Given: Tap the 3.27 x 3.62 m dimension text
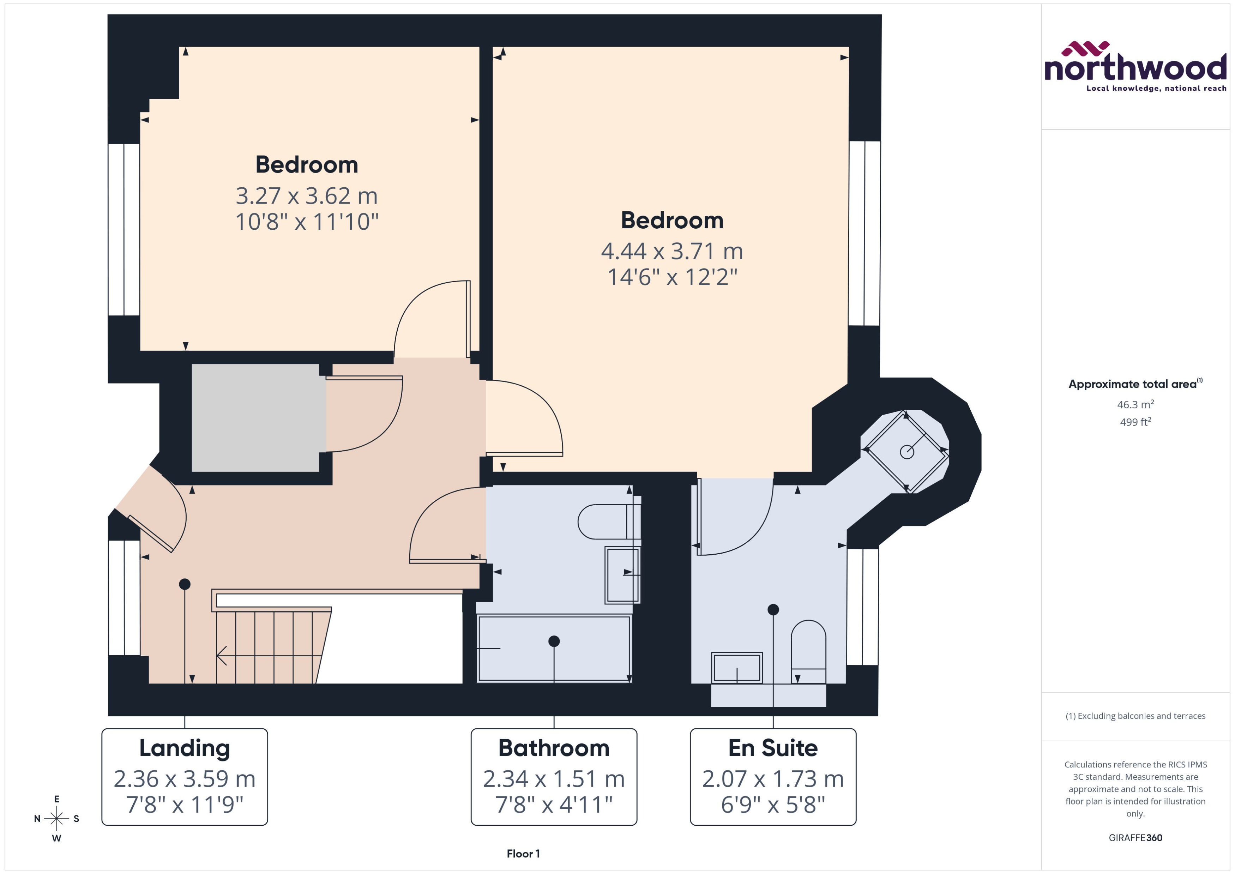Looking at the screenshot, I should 306,196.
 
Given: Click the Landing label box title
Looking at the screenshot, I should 185,748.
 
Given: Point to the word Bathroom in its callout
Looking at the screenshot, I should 554,748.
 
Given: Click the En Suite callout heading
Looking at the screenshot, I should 773,748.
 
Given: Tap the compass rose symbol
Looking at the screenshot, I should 56,819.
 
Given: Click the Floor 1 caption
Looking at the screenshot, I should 523,854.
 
